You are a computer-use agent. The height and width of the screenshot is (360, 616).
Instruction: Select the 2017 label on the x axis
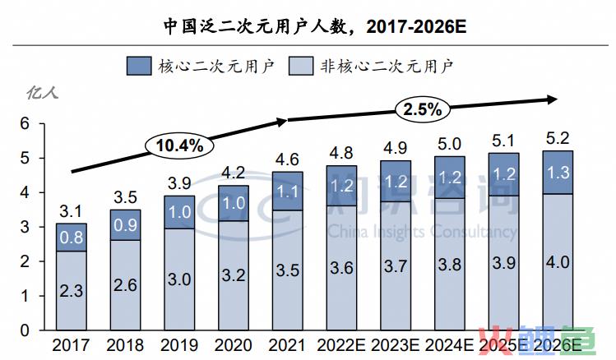72,344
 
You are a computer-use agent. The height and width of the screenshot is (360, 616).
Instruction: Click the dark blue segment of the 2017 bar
72,237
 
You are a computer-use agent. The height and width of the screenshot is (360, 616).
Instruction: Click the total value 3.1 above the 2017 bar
72,211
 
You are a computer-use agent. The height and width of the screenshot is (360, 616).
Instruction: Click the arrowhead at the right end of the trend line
552,99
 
